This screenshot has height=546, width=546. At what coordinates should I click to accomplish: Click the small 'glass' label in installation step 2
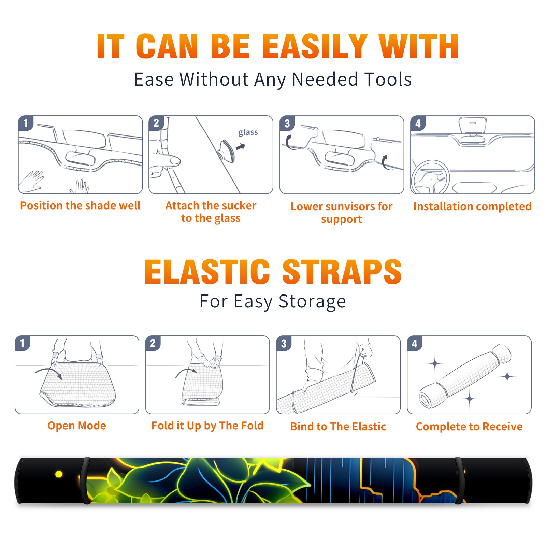coord(248,132)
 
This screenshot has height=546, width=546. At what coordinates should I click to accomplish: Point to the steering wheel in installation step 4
coord(430,177)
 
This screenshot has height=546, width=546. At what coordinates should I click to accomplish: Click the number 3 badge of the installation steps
coord(287,124)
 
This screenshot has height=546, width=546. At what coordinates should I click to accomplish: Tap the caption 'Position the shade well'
coord(80,205)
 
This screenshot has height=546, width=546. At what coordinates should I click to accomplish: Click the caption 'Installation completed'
coord(472,206)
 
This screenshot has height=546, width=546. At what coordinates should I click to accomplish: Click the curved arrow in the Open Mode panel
coord(49,373)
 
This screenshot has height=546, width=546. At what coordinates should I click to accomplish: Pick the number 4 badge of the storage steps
coord(415,343)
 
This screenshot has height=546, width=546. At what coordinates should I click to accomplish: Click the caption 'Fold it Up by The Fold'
coord(207,426)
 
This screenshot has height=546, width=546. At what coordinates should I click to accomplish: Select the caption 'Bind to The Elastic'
coord(338,427)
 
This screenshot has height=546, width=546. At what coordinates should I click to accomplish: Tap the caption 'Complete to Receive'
coord(469,427)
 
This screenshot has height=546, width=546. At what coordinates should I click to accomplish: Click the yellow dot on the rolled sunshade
coord(59,474)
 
